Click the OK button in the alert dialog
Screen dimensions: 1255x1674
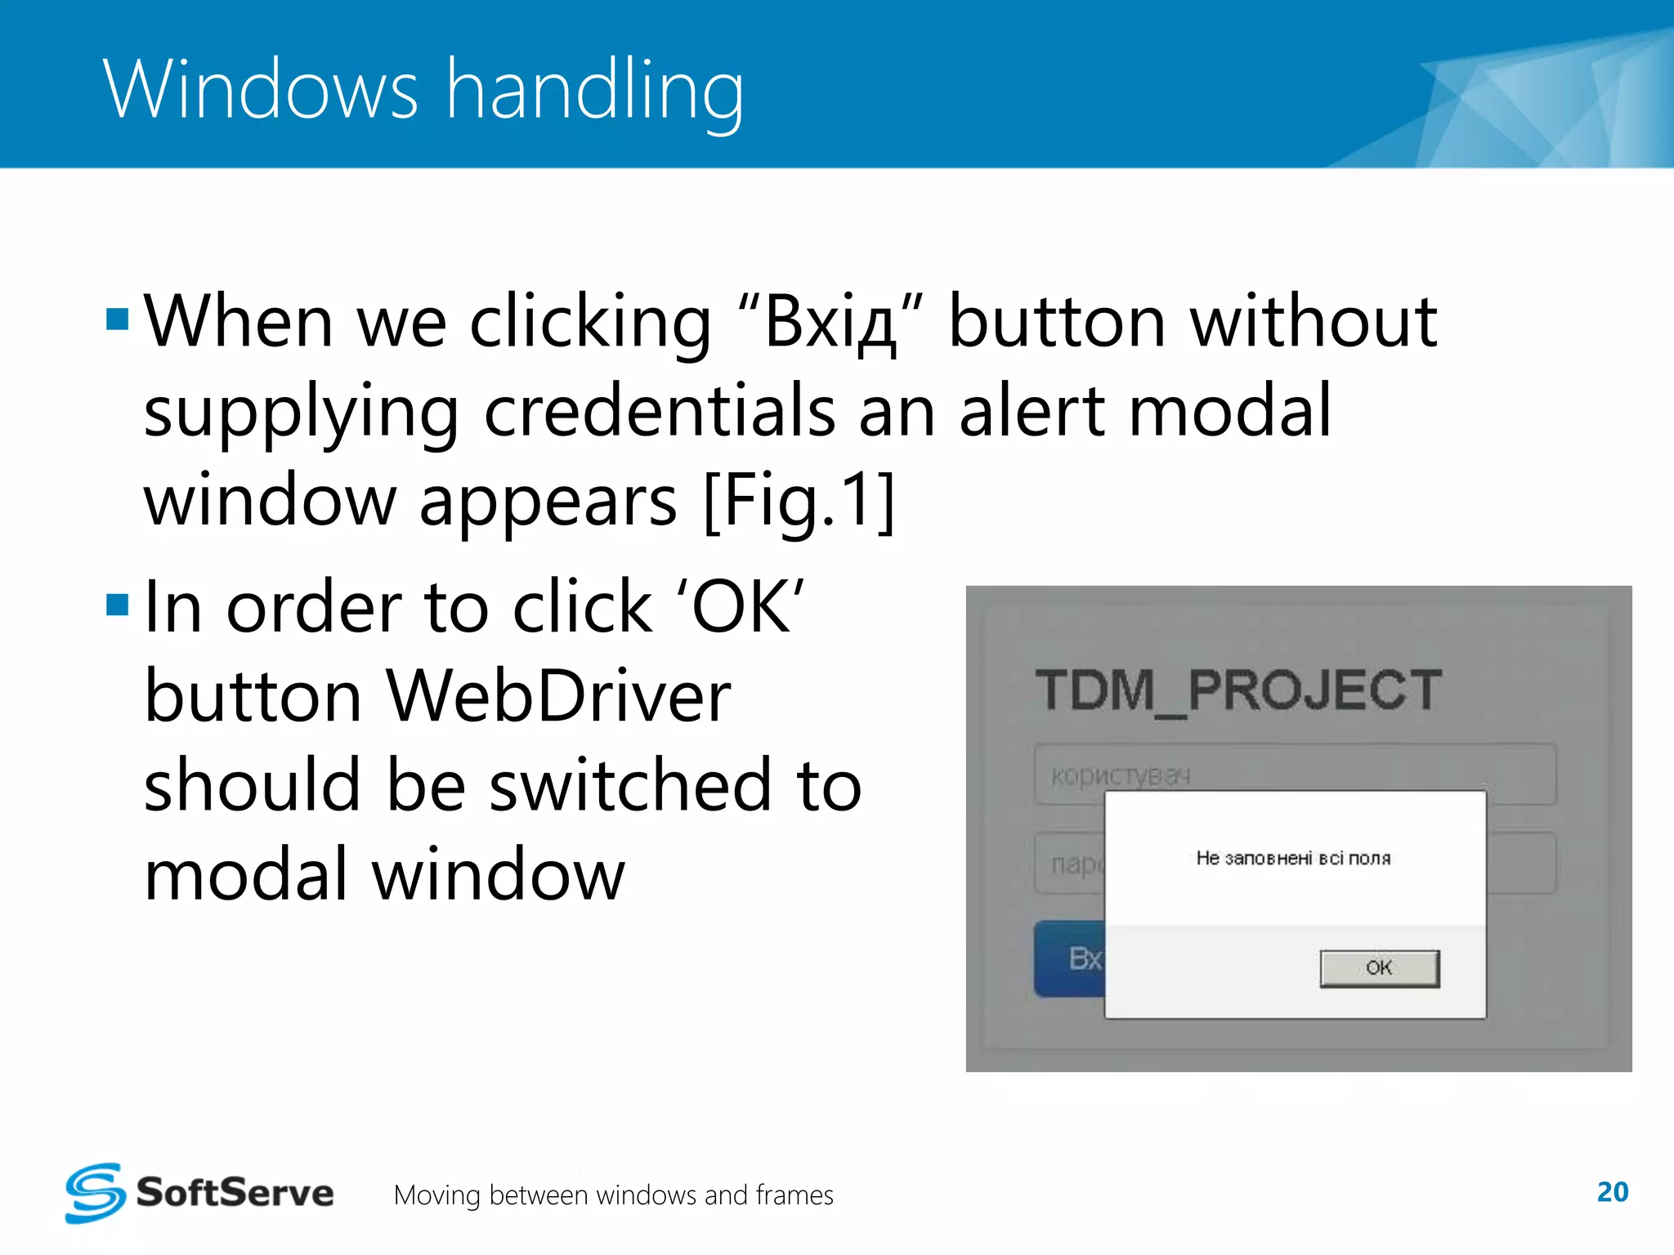[x=1379, y=968]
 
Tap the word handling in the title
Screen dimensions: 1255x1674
[x=595, y=92]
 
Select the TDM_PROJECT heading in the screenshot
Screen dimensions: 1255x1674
[x=1238, y=690]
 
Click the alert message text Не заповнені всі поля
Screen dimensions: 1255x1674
[x=1293, y=858]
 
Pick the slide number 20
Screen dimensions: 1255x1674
[x=1612, y=1192]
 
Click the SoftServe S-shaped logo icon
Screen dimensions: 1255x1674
[x=95, y=1193]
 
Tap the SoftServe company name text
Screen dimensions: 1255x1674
[x=235, y=1193]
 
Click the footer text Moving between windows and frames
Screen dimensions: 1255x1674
[x=613, y=1195]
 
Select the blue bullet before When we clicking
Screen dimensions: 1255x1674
[x=118, y=319]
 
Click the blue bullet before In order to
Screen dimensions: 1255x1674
[x=118, y=605]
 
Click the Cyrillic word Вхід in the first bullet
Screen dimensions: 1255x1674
[x=830, y=323]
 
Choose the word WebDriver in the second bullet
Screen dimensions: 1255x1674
[x=558, y=696]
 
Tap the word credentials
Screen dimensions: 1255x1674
[x=660, y=412]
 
